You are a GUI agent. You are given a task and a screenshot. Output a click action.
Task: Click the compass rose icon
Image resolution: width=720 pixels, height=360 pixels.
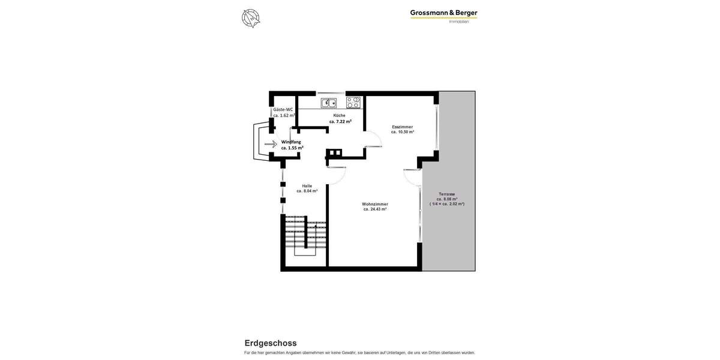[251, 18]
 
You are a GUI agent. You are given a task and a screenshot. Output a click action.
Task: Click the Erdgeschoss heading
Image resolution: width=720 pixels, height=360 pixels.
[271, 343]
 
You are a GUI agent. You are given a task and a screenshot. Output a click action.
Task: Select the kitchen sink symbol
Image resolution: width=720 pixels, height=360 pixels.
[328, 103]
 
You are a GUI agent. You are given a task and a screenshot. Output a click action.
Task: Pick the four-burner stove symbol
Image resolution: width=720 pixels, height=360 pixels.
[353, 103]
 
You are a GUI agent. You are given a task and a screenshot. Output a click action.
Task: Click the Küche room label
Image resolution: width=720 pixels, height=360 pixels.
[340, 115]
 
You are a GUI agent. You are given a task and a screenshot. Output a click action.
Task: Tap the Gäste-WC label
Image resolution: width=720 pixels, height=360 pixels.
[283, 110]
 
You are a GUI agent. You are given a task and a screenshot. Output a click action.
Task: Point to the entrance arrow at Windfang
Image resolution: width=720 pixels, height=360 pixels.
[271, 144]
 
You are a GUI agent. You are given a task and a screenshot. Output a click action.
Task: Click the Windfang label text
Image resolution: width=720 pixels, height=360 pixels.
[291, 142]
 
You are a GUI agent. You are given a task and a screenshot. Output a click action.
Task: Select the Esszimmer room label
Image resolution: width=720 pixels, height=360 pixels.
[403, 127]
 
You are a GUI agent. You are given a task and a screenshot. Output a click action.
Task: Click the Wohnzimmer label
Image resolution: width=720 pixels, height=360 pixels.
[375, 204]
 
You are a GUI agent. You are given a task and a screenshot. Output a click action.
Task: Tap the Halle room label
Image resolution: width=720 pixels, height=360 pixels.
[307, 186]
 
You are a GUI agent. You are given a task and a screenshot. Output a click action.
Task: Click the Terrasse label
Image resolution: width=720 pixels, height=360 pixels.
[447, 194]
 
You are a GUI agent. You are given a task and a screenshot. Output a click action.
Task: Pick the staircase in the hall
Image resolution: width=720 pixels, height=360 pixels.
[305, 235]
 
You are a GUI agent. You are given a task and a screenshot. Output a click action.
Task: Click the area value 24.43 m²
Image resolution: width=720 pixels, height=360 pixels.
[375, 209]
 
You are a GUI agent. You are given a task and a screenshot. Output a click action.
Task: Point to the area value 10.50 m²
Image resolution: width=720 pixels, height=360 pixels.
[403, 132]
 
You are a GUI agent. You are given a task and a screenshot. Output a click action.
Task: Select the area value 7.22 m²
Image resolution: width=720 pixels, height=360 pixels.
[340, 121]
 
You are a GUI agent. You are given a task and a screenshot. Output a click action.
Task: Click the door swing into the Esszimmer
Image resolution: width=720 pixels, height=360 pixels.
[373, 139]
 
